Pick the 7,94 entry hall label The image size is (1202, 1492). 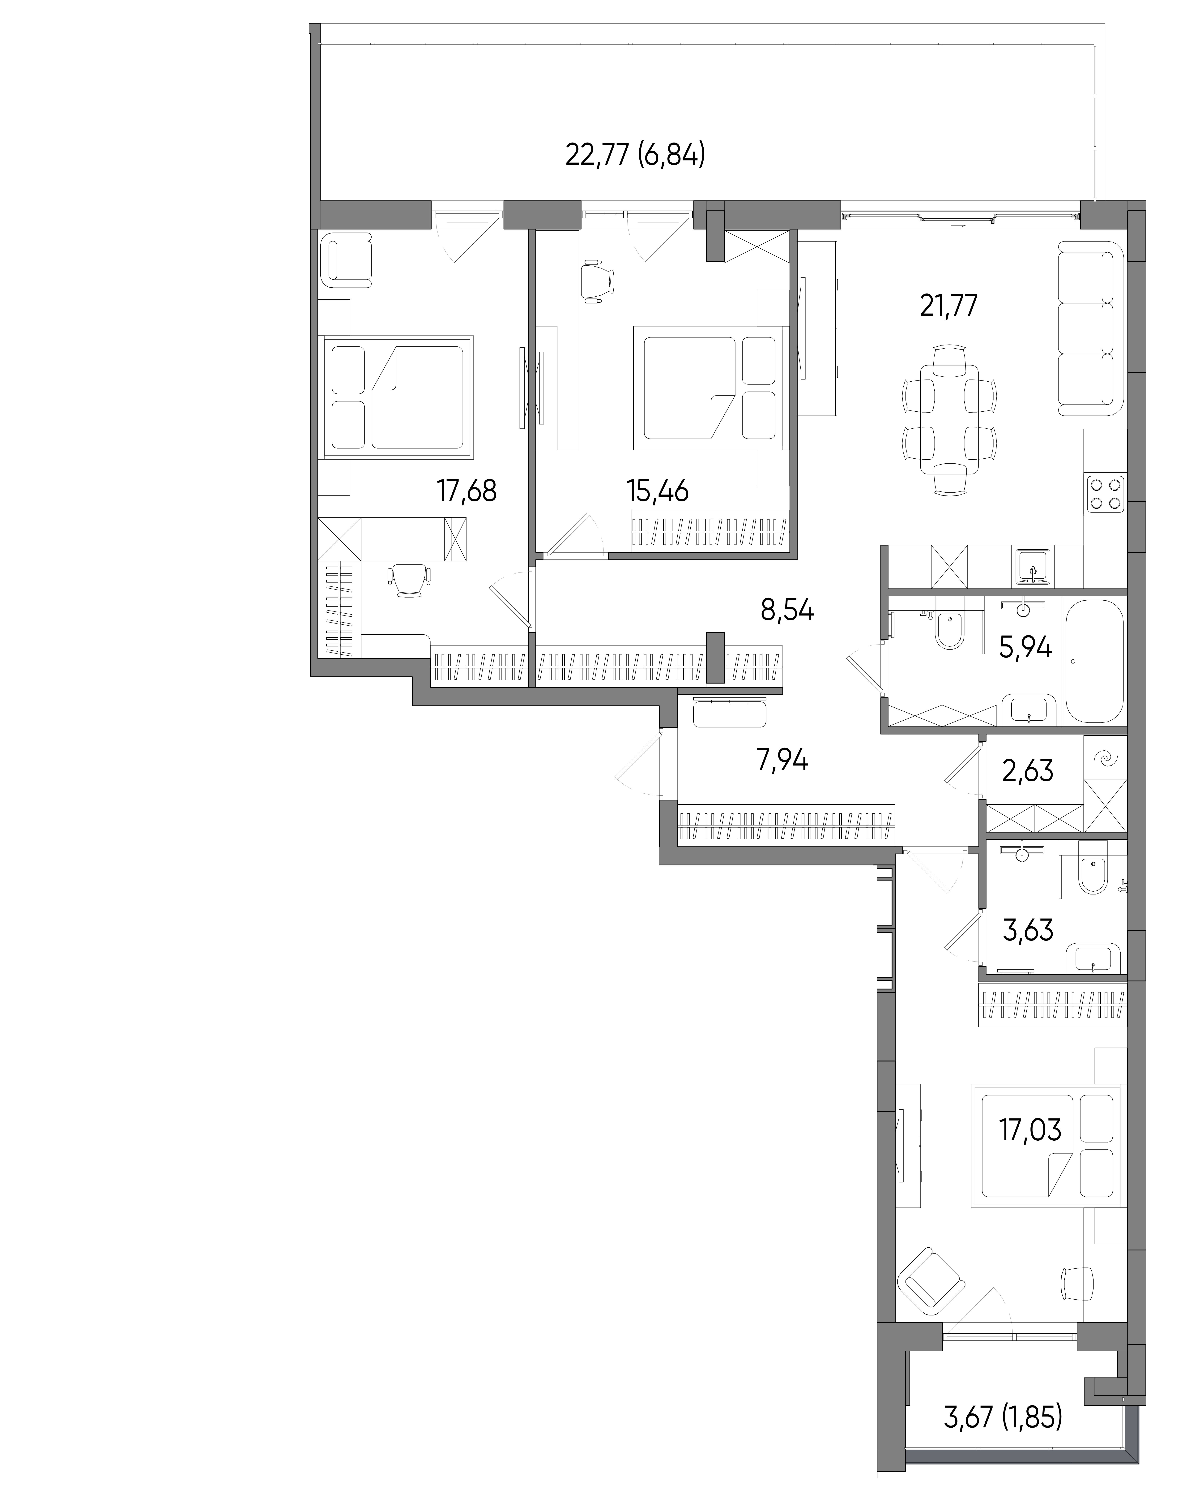782,761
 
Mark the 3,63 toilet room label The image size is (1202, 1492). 1028,930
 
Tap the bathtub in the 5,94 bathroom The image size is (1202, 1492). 1094,662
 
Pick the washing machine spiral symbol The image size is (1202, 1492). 1104,760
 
